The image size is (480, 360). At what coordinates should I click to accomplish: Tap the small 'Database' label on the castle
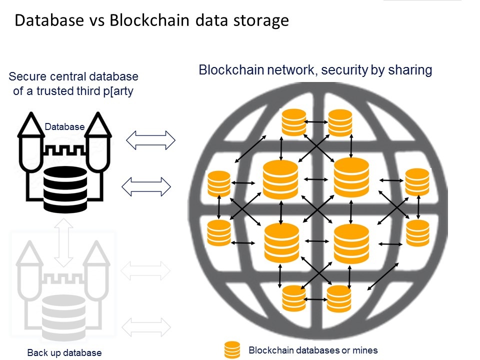point(64,127)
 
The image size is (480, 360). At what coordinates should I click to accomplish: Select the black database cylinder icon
point(64,189)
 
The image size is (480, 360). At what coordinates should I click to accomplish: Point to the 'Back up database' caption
point(64,353)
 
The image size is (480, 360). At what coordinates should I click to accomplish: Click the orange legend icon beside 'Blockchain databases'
point(232,350)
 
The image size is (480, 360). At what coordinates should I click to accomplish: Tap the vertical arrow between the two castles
point(63,242)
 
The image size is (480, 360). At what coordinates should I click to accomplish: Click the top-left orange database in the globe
point(293,122)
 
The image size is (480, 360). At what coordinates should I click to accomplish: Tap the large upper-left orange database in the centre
point(280,179)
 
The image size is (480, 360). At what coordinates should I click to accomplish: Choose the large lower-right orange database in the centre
point(351,243)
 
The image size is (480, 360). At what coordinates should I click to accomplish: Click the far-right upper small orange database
point(417,181)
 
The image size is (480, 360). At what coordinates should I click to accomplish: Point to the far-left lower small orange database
point(218,233)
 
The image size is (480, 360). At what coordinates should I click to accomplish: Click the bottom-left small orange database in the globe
point(293,298)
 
